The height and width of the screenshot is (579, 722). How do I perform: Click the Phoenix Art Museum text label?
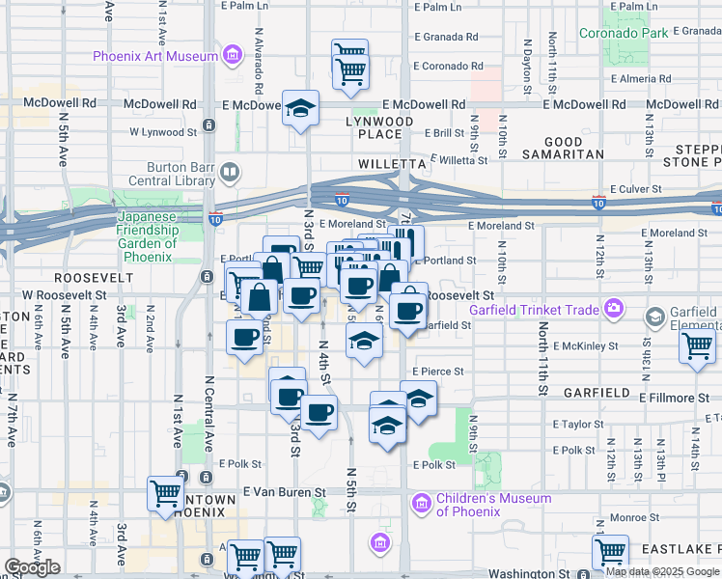tap(155, 56)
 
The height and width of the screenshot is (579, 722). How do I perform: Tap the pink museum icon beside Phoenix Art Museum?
tap(232, 56)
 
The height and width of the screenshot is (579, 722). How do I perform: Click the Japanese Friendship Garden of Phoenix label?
tap(148, 231)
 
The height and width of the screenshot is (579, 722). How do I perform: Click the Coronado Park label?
tap(623, 33)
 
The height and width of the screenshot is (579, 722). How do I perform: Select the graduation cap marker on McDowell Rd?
tap(301, 107)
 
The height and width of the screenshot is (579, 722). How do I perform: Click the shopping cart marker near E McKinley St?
tap(697, 345)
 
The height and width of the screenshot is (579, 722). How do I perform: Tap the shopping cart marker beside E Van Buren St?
tap(165, 494)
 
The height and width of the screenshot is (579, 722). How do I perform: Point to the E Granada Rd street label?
tap(446, 37)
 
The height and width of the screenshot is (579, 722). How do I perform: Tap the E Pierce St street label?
tap(438, 371)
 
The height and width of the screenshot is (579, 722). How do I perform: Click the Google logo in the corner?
tap(32, 567)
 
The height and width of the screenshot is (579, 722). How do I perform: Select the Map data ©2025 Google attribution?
tap(662, 571)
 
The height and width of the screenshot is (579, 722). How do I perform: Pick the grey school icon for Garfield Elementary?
tap(655, 317)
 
